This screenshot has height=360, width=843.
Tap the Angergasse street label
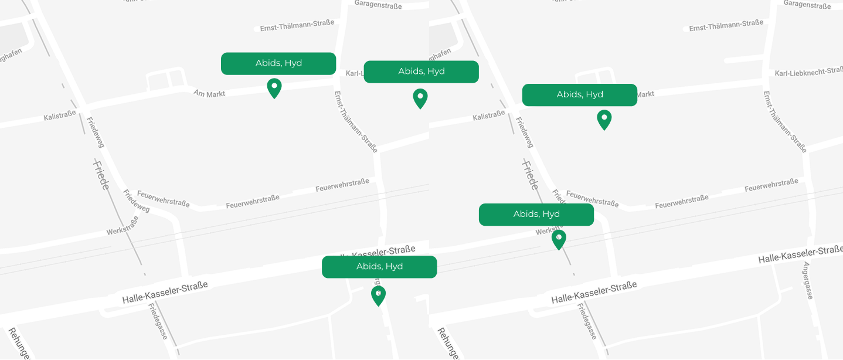tap(808, 280)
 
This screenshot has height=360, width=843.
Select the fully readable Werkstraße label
tap(123, 226)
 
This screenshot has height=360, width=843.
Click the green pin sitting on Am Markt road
tap(274, 88)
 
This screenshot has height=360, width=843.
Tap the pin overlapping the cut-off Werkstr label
tap(559, 239)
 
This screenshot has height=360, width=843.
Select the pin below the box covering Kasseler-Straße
tap(378, 296)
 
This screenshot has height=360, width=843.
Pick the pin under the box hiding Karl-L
tap(420, 99)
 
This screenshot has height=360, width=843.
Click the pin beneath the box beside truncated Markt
tap(604, 120)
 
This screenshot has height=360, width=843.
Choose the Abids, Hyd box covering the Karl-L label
tap(421, 72)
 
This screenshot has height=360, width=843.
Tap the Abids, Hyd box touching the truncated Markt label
tap(579, 95)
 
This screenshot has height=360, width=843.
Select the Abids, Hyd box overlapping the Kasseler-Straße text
tap(379, 267)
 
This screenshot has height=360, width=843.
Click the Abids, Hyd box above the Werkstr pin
tap(536, 215)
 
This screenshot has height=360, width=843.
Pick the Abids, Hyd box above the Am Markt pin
tap(278, 63)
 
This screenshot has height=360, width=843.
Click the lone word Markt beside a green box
tap(645, 94)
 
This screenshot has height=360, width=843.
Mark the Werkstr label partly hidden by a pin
tap(545, 232)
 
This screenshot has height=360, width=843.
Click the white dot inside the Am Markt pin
tap(274, 86)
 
